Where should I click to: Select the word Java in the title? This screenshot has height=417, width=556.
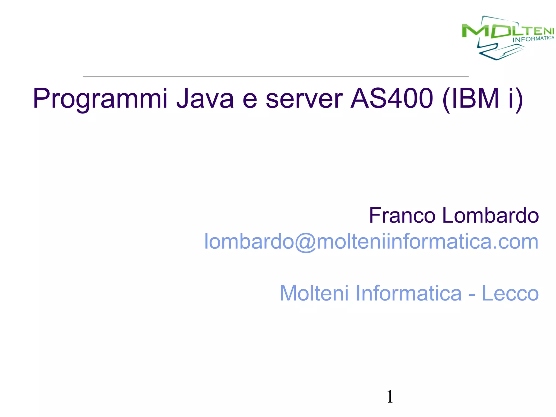pos(205,98)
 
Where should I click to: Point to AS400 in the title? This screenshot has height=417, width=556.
pos(391,98)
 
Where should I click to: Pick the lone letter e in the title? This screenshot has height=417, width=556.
pos(249,100)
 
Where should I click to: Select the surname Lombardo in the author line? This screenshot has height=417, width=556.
pos(491,216)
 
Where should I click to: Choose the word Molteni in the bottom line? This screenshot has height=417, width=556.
pos(314,293)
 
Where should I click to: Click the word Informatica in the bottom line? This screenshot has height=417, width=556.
pos(408,293)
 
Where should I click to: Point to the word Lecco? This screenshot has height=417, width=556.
pos(510,293)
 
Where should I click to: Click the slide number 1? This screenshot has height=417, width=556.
pos(390,397)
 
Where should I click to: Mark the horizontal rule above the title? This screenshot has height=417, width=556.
pos(276,77)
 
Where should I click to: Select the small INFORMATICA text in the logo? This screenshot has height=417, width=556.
pos(533,39)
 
